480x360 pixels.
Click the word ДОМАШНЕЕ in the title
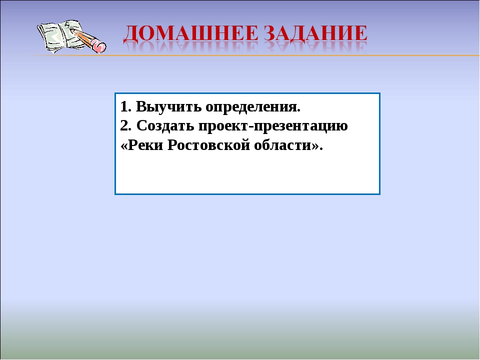click(x=191, y=33)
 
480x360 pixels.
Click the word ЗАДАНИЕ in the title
click(x=315, y=33)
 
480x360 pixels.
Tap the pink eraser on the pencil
click(x=99, y=46)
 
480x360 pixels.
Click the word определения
click(x=253, y=107)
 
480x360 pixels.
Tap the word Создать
click(x=165, y=126)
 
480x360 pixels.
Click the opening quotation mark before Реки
click(x=124, y=146)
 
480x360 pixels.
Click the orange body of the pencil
click(x=84, y=38)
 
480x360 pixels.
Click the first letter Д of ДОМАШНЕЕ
click(x=131, y=33)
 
